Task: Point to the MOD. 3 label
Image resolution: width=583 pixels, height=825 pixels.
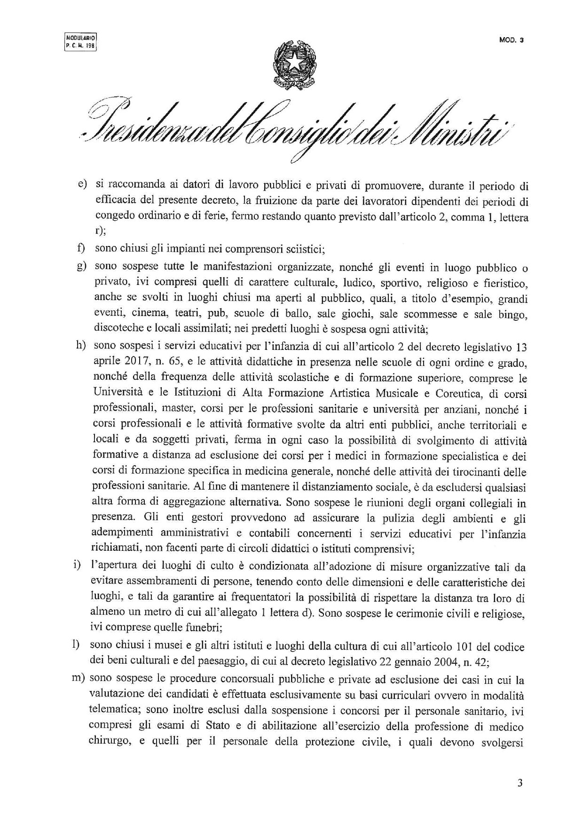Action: pos(511,40)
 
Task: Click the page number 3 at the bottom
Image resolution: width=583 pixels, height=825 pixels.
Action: pos(520,783)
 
